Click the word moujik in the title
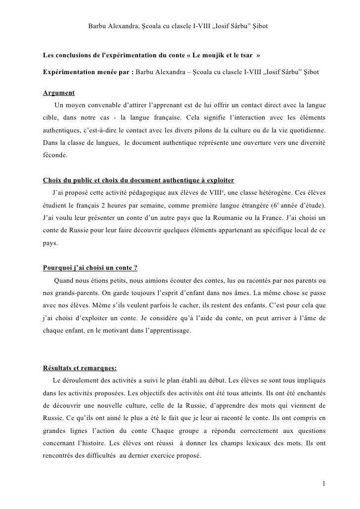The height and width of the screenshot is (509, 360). tap(216, 53)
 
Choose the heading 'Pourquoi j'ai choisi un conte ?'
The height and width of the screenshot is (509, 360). tap(90, 268)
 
